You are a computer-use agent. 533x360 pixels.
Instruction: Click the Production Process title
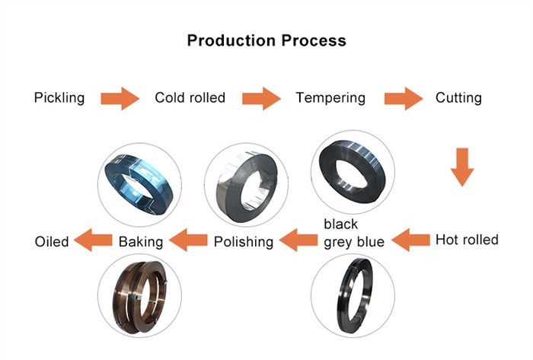(266, 40)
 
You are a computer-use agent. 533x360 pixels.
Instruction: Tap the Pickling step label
(59, 98)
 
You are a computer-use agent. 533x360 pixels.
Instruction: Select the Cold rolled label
(190, 98)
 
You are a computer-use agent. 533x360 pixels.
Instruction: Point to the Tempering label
(330, 98)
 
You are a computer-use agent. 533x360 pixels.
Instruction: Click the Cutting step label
(458, 98)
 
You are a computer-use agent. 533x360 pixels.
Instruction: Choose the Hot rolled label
(467, 241)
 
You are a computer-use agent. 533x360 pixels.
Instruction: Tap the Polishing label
(243, 242)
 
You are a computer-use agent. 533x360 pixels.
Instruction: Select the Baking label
(141, 242)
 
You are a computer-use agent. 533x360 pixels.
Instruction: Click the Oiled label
(52, 242)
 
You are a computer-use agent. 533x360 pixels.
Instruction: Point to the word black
(340, 225)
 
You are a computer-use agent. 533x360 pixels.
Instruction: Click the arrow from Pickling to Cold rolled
(120, 98)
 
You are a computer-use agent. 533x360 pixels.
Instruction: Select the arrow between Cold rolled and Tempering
(261, 98)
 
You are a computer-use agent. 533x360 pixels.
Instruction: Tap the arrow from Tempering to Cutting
(403, 98)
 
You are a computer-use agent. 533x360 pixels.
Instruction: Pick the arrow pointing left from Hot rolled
(410, 241)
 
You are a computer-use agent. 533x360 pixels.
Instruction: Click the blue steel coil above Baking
(139, 185)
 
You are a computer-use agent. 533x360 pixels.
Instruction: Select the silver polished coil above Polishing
(244, 185)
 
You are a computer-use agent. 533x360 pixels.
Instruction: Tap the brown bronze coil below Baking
(139, 295)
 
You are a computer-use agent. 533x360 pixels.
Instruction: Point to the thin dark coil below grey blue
(353, 295)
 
